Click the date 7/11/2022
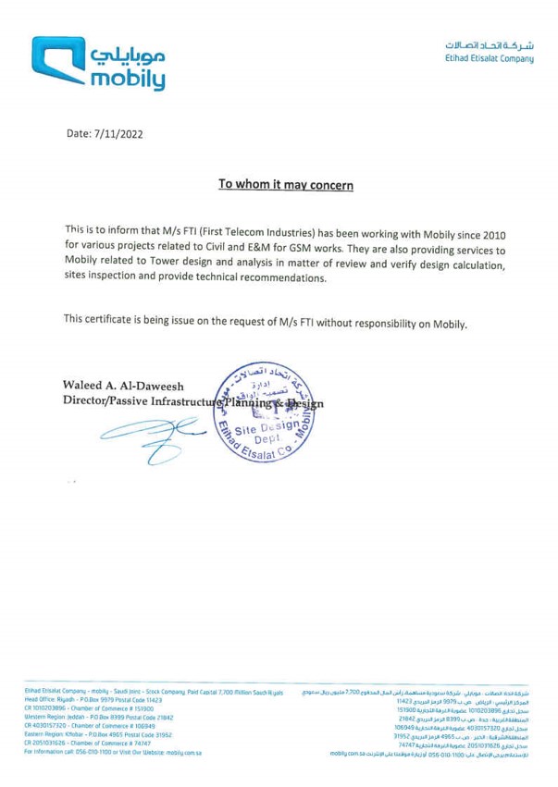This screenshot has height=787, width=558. click(x=120, y=135)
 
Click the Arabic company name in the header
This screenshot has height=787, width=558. click(x=487, y=43)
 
